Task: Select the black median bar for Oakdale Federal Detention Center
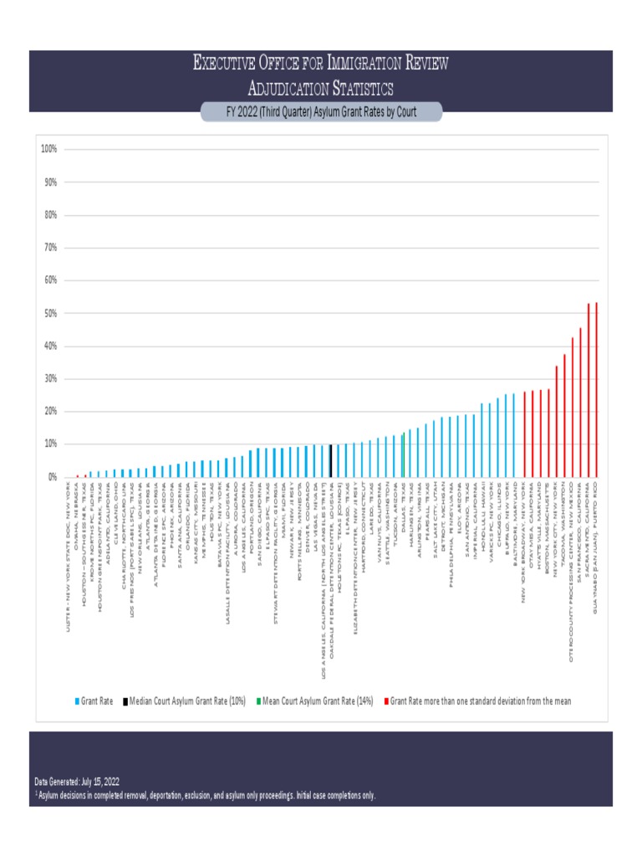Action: point(331,461)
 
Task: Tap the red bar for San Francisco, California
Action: point(580,403)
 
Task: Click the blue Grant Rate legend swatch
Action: point(76,701)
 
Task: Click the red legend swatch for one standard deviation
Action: point(385,701)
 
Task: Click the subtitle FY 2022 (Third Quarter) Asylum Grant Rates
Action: point(321,112)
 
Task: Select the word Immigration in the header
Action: point(352,63)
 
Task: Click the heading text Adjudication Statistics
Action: point(321,88)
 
